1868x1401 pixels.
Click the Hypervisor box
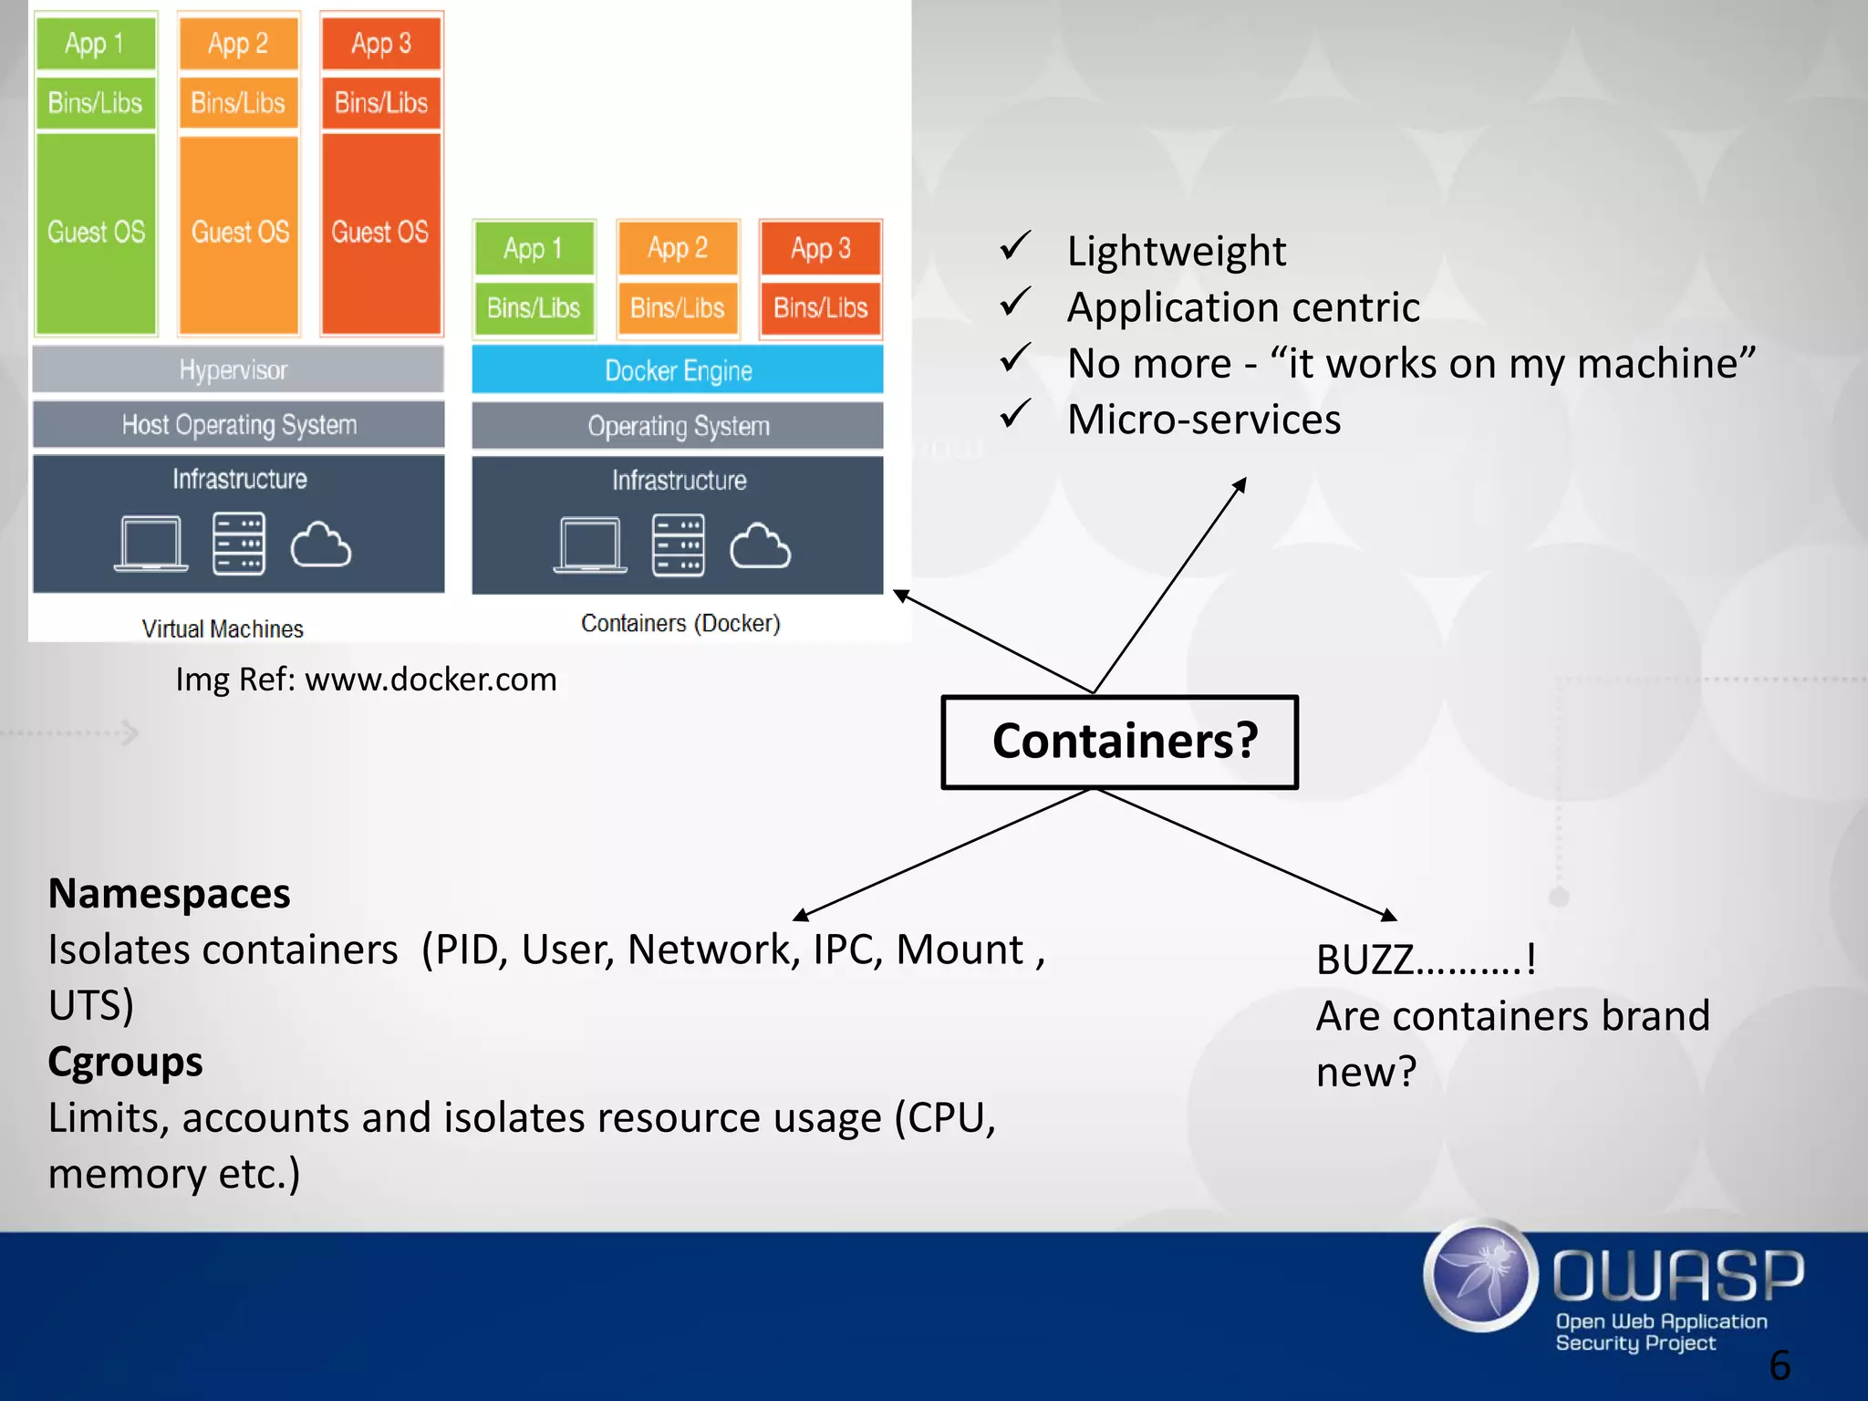point(238,369)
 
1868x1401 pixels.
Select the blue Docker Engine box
point(678,370)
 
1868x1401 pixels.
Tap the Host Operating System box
point(239,425)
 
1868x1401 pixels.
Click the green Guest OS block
point(96,233)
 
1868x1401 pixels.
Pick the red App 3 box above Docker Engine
point(820,248)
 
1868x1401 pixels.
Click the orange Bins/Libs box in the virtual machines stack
point(238,103)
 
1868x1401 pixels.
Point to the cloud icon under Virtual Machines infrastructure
point(320,545)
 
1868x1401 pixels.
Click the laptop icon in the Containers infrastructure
point(590,545)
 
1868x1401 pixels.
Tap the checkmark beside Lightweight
point(1015,246)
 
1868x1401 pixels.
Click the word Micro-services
point(1204,420)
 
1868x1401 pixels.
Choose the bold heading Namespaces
point(169,894)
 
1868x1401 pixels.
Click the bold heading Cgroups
point(125,1062)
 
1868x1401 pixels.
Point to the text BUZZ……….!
point(1426,960)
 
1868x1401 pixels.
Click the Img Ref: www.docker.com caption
point(366,680)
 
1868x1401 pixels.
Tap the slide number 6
point(1780,1365)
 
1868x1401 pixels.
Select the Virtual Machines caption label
point(223,628)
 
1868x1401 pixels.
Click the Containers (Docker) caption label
point(680,623)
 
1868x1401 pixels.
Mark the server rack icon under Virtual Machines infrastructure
point(239,545)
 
